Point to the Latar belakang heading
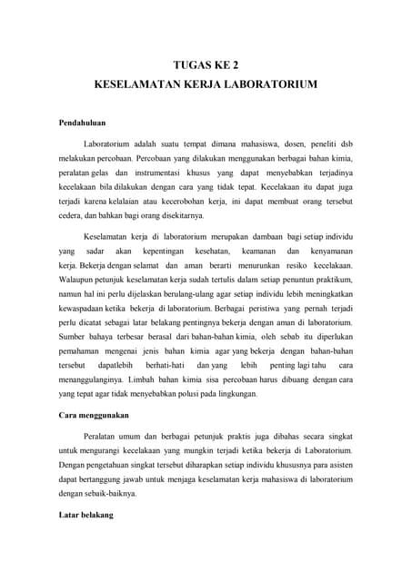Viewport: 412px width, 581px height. (x=85, y=515)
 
